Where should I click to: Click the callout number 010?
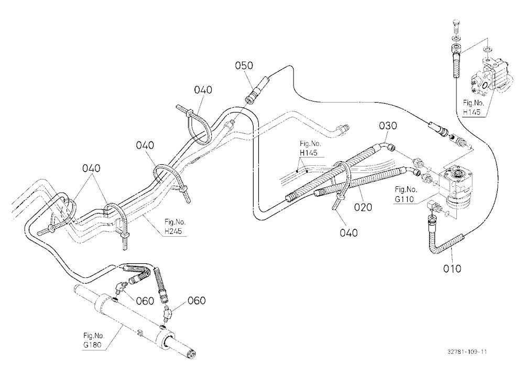(452, 269)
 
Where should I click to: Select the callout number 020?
(363, 207)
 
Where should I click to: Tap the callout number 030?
(388, 126)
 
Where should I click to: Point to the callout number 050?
(244, 65)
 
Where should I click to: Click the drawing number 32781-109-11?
(467, 352)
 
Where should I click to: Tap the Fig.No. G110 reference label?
(406, 194)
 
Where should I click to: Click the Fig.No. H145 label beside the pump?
(473, 107)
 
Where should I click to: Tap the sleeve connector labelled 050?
(258, 90)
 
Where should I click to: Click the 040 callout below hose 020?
(348, 232)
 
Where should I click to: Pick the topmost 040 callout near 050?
(203, 90)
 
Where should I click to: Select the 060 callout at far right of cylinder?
(196, 300)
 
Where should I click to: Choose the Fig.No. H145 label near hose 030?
(310, 148)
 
